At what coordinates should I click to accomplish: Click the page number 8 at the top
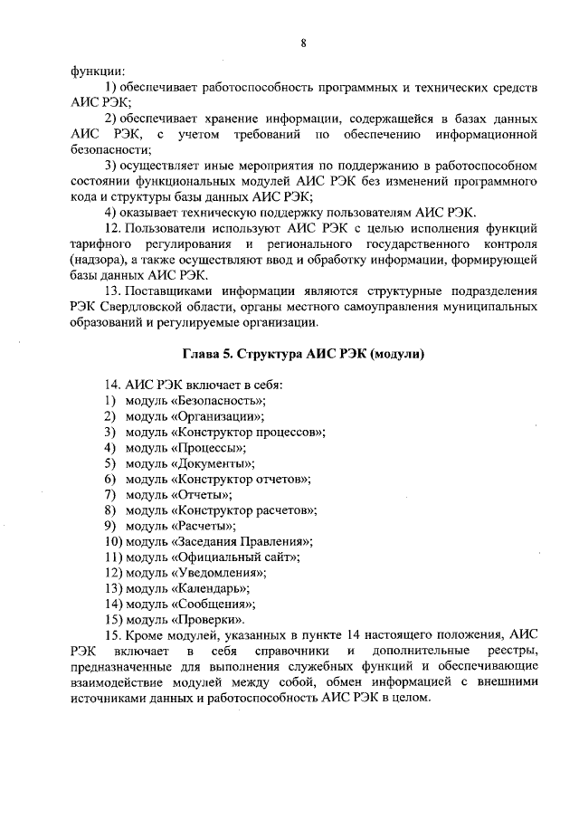[x=303, y=43]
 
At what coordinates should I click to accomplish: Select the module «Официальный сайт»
[x=234, y=557]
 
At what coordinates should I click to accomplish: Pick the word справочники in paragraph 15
[x=288, y=652]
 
